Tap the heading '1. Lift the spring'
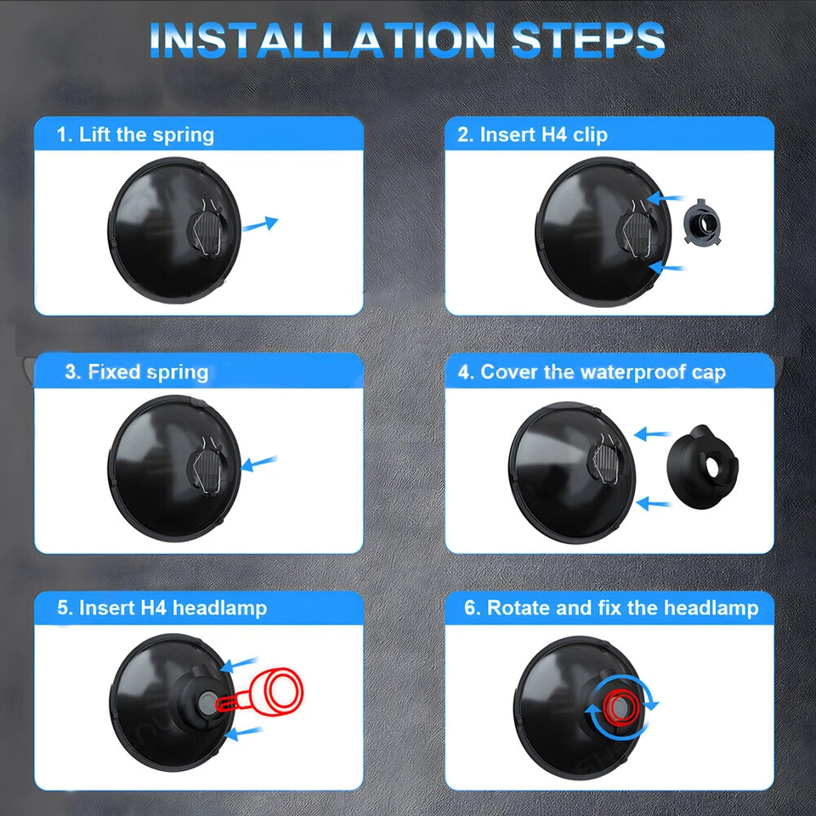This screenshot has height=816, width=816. [x=135, y=135]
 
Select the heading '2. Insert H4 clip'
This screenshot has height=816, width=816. [x=532, y=135]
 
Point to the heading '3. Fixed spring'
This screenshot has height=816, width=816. [x=136, y=372]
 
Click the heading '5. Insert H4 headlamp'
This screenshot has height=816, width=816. [x=161, y=608]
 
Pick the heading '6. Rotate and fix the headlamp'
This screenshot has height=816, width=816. [x=610, y=608]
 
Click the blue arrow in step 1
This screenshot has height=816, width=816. [x=260, y=224]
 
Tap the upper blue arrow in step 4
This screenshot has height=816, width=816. [x=653, y=434]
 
